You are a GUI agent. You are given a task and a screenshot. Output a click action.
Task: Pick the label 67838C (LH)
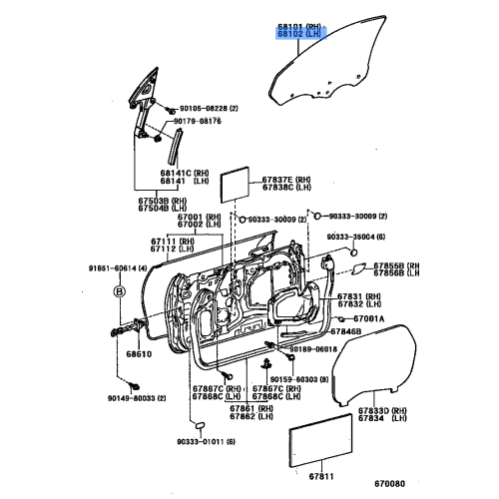[x=291, y=187]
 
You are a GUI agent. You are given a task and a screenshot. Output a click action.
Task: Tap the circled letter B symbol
[x=119, y=292]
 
